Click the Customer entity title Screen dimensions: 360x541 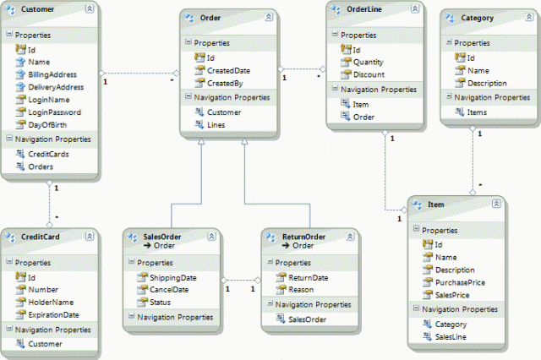click(37, 9)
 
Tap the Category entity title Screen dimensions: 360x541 click(478, 17)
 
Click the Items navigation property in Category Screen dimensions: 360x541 click(478, 112)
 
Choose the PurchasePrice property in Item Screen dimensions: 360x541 click(460, 282)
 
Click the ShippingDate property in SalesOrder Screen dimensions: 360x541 click(174, 277)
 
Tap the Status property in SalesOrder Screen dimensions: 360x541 click(160, 301)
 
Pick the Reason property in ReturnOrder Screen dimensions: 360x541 click(300, 289)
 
